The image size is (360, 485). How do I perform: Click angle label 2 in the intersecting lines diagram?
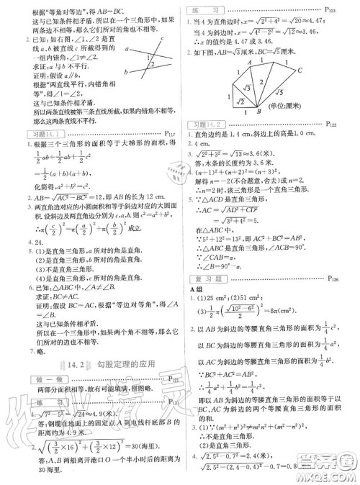150,63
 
